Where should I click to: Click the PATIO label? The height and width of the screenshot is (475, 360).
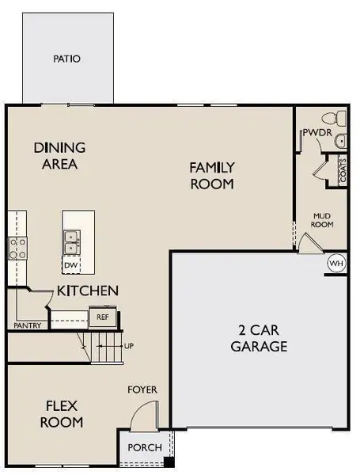pyautogui.click(x=67, y=59)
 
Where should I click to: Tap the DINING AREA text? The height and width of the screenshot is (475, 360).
pyautogui.click(x=59, y=156)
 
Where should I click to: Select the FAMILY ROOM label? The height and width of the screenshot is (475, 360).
pyautogui.click(x=211, y=175)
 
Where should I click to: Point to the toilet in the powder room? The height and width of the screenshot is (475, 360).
pyautogui.click(x=341, y=118)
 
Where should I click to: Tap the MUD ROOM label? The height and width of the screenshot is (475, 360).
pyautogui.click(x=321, y=219)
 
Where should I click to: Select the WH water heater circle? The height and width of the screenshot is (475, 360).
pyautogui.click(x=335, y=263)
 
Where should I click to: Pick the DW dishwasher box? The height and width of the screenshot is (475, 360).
pyautogui.click(x=71, y=265)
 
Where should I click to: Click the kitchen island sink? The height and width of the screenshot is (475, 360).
pyautogui.click(x=71, y=237)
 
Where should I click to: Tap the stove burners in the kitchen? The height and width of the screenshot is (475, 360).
pyautogui.click(x=17, y=246)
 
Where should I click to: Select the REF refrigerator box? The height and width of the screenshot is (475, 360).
pyautogui.click(x=101, y=317)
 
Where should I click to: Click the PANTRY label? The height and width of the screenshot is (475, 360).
pyautogui.click(x=27, y=325)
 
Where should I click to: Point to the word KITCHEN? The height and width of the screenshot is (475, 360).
pyautogui.click(x=87, y=291)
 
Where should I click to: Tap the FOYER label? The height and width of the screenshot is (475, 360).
pyautogui.click(x=143, y=389)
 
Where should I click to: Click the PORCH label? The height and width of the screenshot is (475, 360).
pyautogui.click(x=144, y=448)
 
